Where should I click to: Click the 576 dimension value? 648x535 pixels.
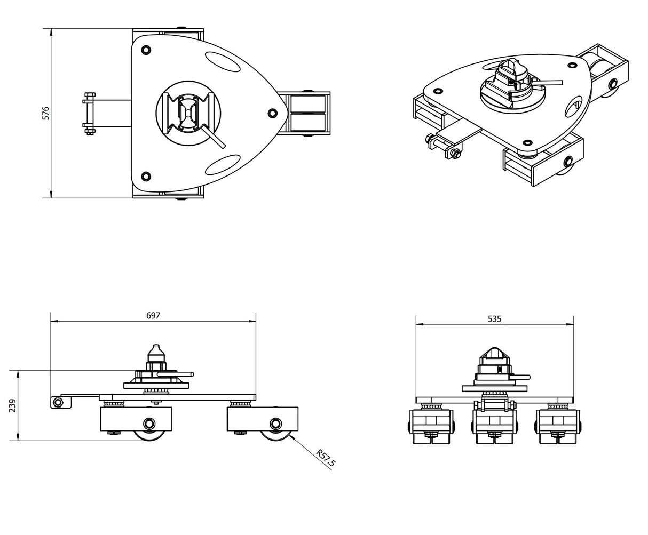point(46,113)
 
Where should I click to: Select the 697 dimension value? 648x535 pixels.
point(153,315)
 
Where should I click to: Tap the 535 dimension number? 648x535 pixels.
point(494,319)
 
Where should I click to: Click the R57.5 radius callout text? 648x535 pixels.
point(325,459)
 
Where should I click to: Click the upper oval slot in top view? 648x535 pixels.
point(223,61)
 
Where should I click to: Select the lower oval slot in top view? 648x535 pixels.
point(223,165)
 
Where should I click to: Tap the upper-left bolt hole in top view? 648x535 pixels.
point(146,50)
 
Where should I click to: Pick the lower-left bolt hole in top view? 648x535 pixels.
point(146,176)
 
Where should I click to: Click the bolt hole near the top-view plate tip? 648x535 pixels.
point(273,113)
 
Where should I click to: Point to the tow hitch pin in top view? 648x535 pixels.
point(89,113)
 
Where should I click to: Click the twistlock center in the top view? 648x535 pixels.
point(187,113)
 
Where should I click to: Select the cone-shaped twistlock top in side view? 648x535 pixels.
point(154,353)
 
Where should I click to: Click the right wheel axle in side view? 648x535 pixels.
point(275,425)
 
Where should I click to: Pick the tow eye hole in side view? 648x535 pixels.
point(56,402)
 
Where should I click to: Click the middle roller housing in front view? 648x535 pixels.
point(494,427)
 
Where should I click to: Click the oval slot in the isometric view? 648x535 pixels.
point(574,109)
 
